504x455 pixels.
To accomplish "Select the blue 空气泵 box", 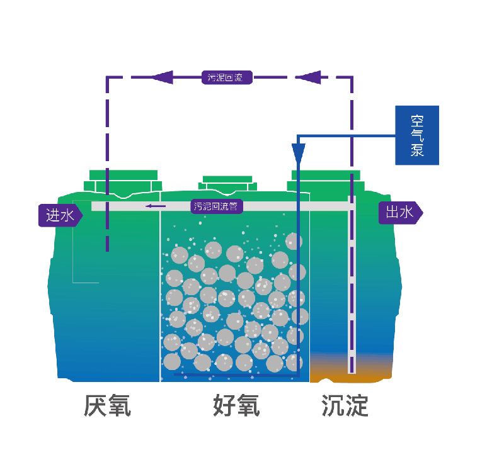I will (x=416, y=135).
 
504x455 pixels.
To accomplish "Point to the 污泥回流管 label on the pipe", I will (x=216, y=206).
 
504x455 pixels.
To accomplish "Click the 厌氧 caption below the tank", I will (x=107, y=406).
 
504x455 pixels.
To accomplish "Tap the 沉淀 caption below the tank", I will (x=345, y=406).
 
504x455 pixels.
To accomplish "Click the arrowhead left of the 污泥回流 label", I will (x=162, y=77).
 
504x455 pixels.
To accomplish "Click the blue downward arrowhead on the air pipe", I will (x=299, y=152).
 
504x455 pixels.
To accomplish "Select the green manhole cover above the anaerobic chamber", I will (x=123, y=180).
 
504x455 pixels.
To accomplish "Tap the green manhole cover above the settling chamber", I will (x=326, y=180).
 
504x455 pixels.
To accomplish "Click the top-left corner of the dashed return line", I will (x=107, y=78).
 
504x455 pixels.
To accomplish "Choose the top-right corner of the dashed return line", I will (x=352, y=78).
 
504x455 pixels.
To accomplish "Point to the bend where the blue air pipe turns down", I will (x=299, y=135).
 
